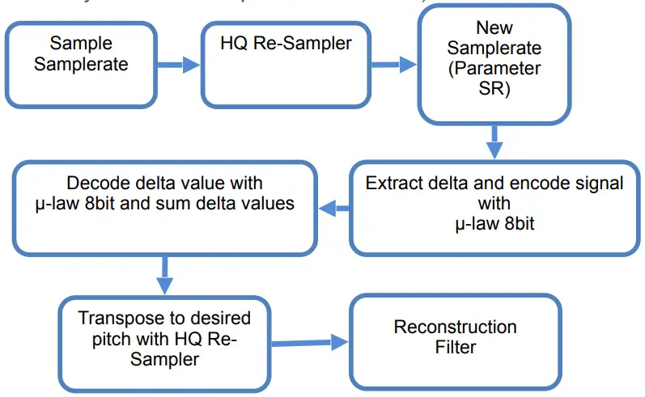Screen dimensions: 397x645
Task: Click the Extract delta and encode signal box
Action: click(494, 209)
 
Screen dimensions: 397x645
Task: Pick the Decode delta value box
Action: click(164, 209)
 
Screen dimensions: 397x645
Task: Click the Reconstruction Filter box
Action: click(455, 339)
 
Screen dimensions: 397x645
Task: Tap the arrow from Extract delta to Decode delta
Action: click(333, 209)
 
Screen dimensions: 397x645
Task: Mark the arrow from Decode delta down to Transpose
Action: click(164, 275)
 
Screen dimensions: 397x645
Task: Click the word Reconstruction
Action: click(455, 327)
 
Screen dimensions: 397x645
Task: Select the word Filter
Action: click(455, 348)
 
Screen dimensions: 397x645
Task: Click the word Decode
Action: click(98, 183)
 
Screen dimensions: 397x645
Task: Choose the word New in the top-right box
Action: click(494, 27)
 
